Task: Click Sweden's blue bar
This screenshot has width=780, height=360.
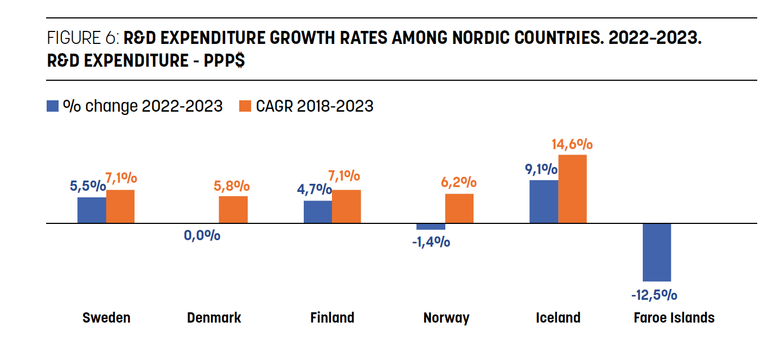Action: point(92,210)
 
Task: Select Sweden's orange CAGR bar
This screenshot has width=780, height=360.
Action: point(120,207)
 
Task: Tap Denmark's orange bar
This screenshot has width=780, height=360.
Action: point(233,210)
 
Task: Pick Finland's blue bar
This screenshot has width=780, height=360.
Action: point(318,212)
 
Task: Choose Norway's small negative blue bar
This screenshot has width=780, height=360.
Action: point(431,227)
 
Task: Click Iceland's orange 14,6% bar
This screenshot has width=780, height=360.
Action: point(572,189)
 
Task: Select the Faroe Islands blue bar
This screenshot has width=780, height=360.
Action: point(657,252)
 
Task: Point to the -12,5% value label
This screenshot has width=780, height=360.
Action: point(654,295)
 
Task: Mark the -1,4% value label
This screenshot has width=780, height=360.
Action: point(431,242)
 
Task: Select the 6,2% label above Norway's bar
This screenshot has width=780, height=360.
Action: point(459,183)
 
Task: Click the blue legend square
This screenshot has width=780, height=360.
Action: point(53,106)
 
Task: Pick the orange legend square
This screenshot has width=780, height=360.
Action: point(245,106)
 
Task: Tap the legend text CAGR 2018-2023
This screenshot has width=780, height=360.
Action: point(315,106)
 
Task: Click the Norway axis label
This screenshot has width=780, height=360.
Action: point(446,318)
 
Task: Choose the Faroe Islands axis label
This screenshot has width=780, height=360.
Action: point(674,318)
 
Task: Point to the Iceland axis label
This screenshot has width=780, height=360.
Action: point(558,318)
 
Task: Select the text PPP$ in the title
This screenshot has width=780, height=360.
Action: point(223,60)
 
